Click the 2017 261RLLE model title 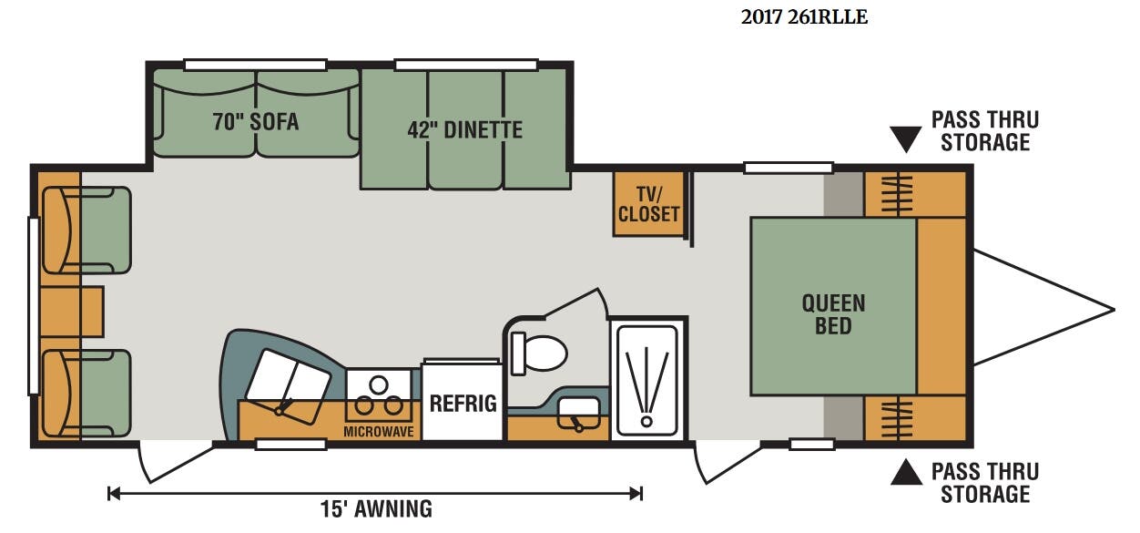(804, 17)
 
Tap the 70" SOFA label (256, 122)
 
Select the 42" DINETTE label (464, 129)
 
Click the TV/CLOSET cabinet (648, 204)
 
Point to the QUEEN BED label (834, 314)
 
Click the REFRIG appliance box (463, 401)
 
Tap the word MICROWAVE (379, 432)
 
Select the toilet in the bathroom (538, 353)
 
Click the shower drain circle (646, 422)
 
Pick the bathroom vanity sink (579, 414)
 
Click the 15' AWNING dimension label (376, 509)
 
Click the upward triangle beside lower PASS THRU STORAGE (906, 472)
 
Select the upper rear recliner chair (87, 231)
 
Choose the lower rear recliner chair (87, 393)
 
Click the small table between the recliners (71, 312)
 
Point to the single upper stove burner (379, 384)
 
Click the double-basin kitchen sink (288, 387)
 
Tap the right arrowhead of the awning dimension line (636, 493)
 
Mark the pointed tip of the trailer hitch (1114, 310)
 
